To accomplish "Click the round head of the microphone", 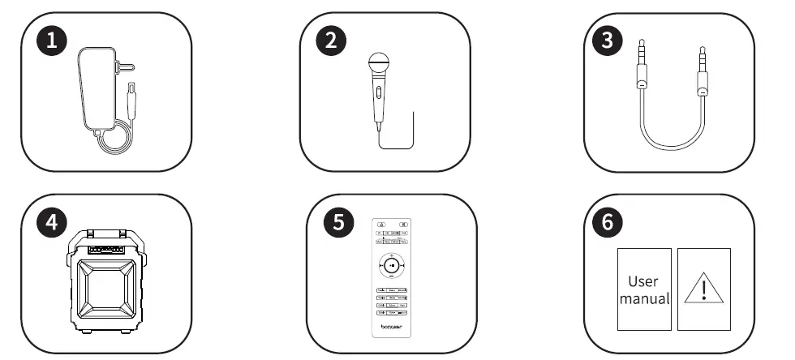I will pyautogui.click(x=379, y=62).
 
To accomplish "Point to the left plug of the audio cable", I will pyautogui.click(x=642, y=65).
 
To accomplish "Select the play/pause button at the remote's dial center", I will pyautogui.click(x=391, y=264).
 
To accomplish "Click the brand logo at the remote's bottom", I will pyautogui.click(x=392, y=328).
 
